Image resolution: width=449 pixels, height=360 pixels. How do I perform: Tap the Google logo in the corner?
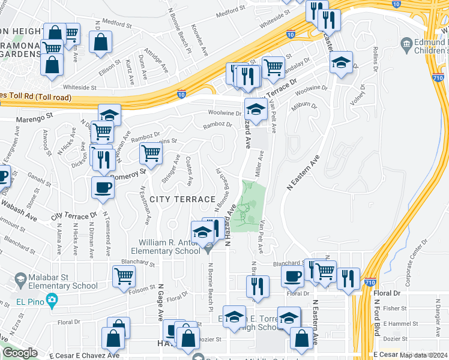20,353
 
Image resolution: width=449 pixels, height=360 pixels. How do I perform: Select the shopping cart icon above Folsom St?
124,277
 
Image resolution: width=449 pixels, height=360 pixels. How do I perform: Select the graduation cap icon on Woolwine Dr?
256,110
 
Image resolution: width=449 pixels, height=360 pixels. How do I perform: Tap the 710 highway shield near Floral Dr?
370,282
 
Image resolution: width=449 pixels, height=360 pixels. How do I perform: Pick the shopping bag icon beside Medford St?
101,43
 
